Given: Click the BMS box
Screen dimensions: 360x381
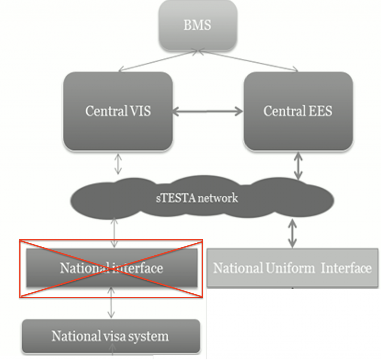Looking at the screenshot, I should click(198, 25).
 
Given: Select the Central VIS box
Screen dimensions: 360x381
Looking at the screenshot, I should click(118, 111).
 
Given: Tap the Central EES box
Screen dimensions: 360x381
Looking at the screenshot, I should click(298, 111).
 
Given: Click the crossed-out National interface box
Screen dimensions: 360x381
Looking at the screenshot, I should click(111, 268).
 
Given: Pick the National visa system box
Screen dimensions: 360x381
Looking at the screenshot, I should click(111, 336).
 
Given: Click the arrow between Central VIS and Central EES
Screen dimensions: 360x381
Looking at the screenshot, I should click(208, 111).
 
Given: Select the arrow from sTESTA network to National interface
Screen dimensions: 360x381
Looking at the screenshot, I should click(115, 233).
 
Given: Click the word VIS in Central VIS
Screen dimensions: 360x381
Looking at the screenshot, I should click(140, 111).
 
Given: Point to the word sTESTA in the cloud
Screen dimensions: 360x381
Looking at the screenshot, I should click(176, 198).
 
